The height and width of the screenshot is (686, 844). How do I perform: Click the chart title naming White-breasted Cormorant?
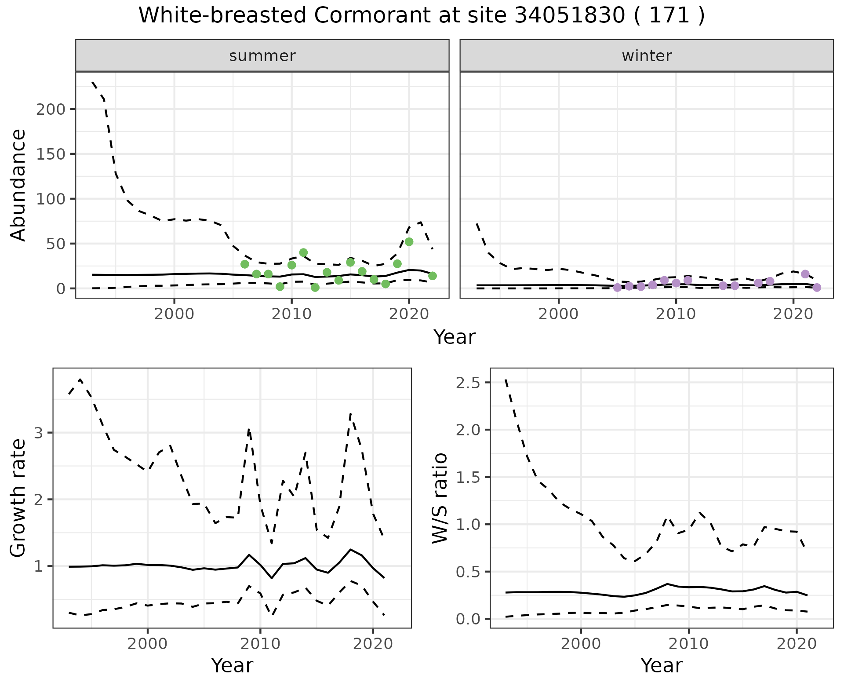422,16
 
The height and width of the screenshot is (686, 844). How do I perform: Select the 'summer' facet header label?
262,56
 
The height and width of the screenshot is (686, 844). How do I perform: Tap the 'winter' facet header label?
646,56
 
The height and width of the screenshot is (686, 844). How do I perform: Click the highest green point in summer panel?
409,242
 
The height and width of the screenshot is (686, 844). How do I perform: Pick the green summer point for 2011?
303,252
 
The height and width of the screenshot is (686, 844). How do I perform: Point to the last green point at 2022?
432,276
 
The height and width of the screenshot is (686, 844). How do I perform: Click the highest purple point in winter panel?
805,274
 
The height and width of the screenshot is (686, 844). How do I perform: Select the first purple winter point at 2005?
617,288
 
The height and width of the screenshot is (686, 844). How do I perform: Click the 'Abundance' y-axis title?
18,185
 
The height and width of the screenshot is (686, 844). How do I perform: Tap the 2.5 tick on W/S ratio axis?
468,383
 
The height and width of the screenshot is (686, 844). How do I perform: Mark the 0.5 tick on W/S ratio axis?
468,572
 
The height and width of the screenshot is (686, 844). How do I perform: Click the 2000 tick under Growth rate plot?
148,644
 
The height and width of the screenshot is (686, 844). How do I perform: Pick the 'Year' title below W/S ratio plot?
661,665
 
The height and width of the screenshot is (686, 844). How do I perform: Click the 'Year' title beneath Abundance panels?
455,337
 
